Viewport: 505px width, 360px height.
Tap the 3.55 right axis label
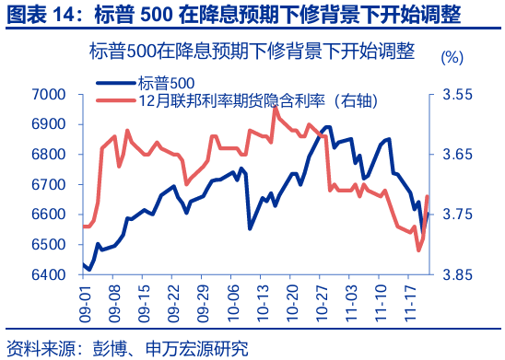pyautogui.click(x=456, y=94)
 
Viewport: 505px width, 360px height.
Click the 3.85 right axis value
pyautogui.click(x=456, y=274)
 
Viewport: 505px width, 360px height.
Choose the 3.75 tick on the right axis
pyautogui.click(x=456, y=215)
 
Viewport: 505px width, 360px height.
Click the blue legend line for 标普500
pyautogui.click(x=117, y=83)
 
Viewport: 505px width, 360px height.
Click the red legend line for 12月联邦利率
pyautogui.click(x=117, y=99)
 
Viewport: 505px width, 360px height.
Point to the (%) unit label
pyautogui.click(x=452, y=57)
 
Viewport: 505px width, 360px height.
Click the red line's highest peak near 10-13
pyautogui.click(x=275, y=107)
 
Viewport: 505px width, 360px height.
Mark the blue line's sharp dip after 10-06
pyautogui.click(x=250, y=227)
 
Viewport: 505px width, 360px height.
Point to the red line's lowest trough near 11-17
pyautogui.click(x=418, y=250)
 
